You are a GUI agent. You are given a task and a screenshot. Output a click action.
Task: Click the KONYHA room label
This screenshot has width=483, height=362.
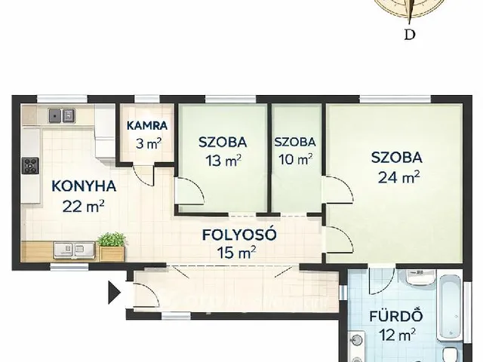click(84, 186)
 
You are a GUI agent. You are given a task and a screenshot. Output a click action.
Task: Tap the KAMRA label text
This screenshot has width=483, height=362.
click(147, 126)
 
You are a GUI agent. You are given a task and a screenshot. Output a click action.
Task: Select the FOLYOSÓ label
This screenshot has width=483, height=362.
click(239, 235)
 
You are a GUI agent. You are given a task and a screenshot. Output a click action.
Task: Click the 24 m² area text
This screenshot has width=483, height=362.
click(399, 177)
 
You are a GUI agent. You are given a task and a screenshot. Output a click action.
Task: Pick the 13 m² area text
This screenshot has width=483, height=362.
click(223, 160)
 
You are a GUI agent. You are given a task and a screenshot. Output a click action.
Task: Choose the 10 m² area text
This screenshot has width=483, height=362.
click(295, 159)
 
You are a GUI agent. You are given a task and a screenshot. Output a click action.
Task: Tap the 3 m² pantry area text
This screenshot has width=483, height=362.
click(149, 143)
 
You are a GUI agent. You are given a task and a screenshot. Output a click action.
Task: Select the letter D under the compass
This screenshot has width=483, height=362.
click(409, 35)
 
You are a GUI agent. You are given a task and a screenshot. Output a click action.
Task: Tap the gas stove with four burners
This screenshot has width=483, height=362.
click(30, 166)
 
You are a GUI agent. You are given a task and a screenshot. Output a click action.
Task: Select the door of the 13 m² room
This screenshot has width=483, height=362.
click(189, 191)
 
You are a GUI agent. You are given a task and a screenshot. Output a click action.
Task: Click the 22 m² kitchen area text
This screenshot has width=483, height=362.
click(83, 206)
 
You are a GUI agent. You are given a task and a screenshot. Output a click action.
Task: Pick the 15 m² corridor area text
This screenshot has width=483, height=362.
click(236, 253)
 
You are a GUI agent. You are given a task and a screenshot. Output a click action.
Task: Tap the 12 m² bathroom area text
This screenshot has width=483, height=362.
click(398, 335)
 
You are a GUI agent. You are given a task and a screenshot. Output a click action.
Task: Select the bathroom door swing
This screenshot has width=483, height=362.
click(382, 281)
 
